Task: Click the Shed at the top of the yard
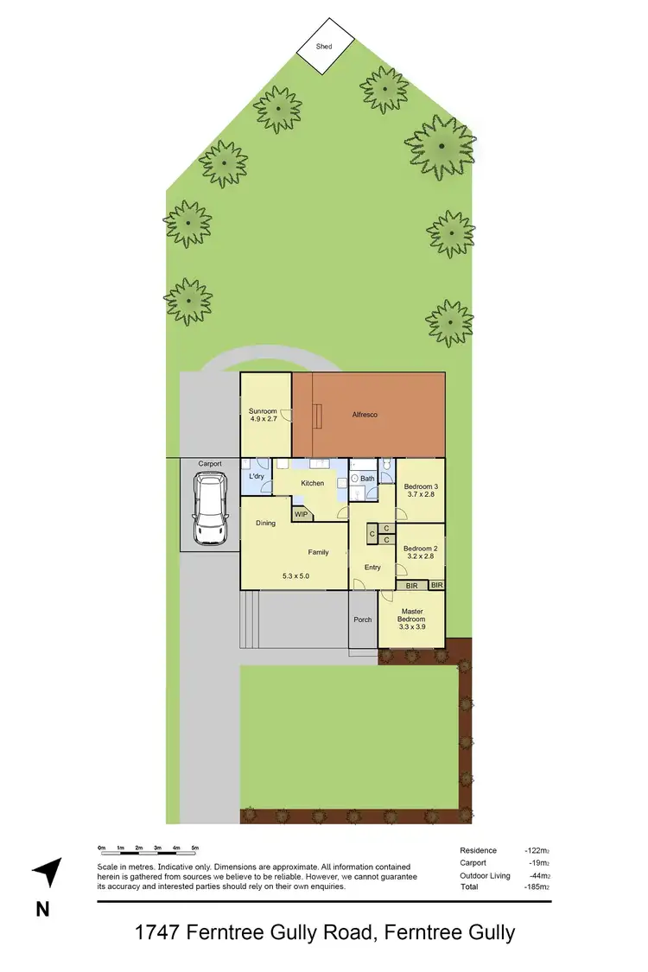(326, 46)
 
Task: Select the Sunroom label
(263, 411)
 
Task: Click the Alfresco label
(364, 415)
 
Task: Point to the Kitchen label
(311, 483)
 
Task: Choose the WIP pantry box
(301, 514)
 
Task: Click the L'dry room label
(257, 477)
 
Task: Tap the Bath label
(367, 478)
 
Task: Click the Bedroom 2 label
(420, 549)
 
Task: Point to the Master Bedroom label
(411, 615)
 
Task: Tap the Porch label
(363, 619)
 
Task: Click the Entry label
(372, 567)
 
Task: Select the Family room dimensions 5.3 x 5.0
(295, 575)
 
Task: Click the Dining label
(265, 523)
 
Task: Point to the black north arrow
(48, 873)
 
